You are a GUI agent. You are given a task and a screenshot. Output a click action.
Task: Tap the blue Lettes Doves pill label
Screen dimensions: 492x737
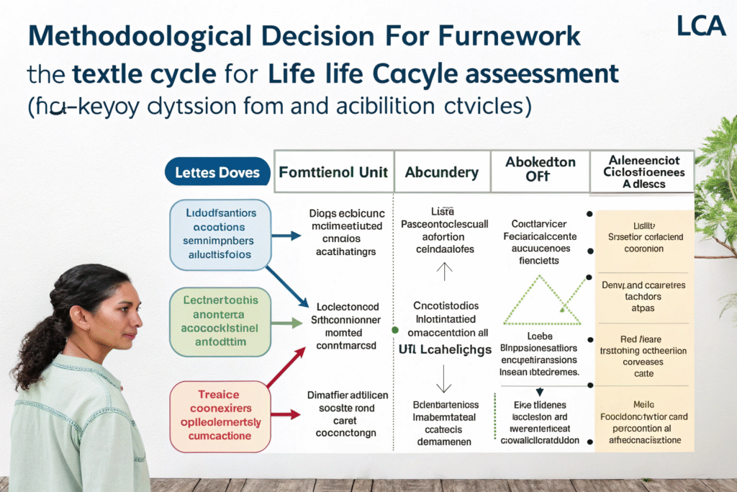click(217, 173)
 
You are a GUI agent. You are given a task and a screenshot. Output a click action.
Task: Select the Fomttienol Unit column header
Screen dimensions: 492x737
click(333, 172)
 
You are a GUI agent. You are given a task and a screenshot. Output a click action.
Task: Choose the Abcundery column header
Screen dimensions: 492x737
click(441, 172)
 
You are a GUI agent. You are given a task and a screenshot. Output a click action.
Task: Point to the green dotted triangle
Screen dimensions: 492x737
click(542, 302)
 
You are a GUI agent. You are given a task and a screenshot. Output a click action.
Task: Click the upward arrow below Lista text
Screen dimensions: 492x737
click(445, 271)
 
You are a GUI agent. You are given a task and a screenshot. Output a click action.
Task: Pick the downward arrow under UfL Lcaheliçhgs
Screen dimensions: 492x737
click(445, 376)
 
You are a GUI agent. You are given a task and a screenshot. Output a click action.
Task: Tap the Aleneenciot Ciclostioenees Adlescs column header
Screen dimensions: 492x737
click(642, 171)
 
